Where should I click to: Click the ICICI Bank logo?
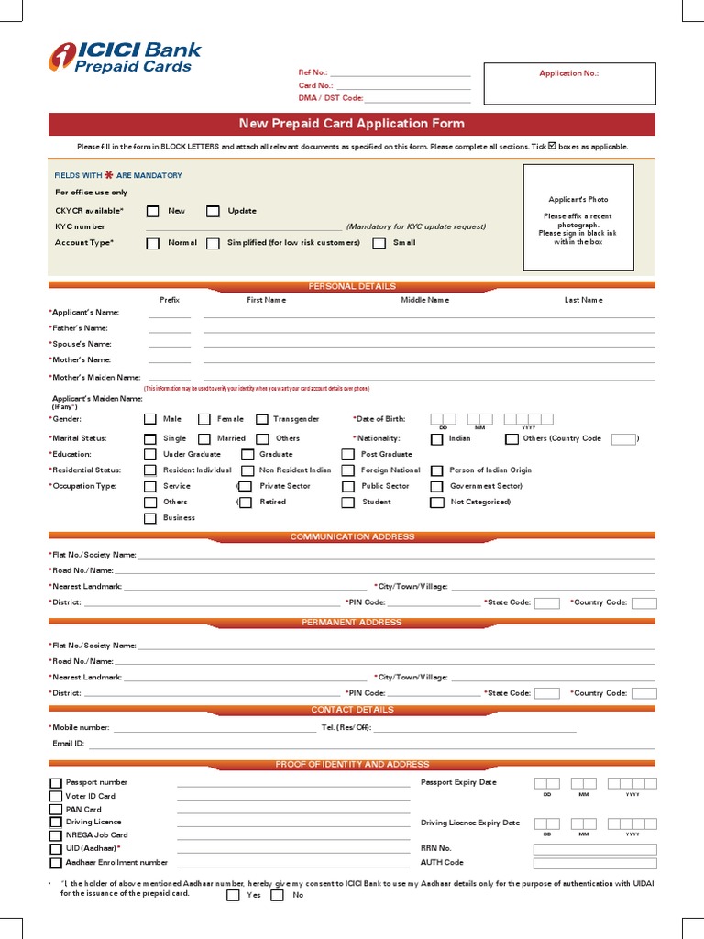(125, 57)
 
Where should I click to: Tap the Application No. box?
(569, 83)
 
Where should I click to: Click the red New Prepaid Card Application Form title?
(352, 124)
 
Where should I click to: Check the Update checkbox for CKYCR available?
(213, 211)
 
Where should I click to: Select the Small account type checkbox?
(379, 243)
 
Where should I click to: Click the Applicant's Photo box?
(577, 217)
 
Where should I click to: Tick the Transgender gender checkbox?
(262, 419)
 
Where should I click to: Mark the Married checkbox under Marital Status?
(205, 439)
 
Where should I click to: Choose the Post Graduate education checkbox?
(347, 454)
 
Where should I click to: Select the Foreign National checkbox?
(347, 470)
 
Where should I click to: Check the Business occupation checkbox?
(150, 518)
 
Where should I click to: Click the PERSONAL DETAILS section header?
(352, 286)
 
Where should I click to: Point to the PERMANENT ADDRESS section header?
(352, 623)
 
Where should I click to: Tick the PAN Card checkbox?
(56, 810)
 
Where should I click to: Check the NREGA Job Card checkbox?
(56, 835)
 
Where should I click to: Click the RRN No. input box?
(595, 849)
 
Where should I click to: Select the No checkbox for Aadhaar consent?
(277, 895)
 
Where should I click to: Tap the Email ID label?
(69, 744)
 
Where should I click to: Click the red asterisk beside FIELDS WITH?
(109, 174)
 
